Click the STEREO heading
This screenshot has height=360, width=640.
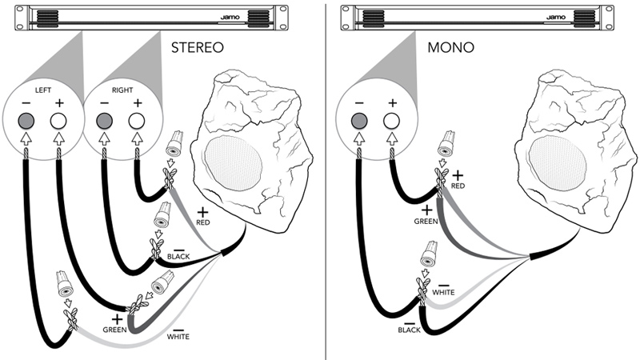(198, 48)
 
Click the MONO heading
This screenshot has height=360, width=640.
(450, 48)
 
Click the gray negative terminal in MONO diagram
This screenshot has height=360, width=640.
(358, 121)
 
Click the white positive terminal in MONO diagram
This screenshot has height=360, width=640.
(391, 121)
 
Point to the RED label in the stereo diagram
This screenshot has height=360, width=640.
(202, 222)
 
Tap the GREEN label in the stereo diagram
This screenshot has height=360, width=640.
(114, 329)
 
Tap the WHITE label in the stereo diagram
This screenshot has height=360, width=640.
(178, 337)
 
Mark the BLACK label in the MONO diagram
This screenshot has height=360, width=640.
(408, 328)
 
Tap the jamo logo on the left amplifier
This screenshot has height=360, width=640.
(230, 16)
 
